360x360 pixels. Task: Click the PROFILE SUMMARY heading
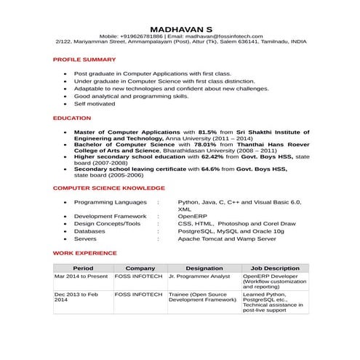point(84,59)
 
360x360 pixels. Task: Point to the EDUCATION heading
point(72,118)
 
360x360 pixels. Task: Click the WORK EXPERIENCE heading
point(84,253)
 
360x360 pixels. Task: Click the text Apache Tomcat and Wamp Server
point(227,239)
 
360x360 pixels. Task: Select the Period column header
point(83,268)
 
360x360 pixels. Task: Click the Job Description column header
point(275,268)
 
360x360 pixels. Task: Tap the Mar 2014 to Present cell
point(81,277)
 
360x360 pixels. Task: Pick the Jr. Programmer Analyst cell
point(199,277)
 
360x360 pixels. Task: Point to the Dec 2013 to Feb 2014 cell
point(76,297)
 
